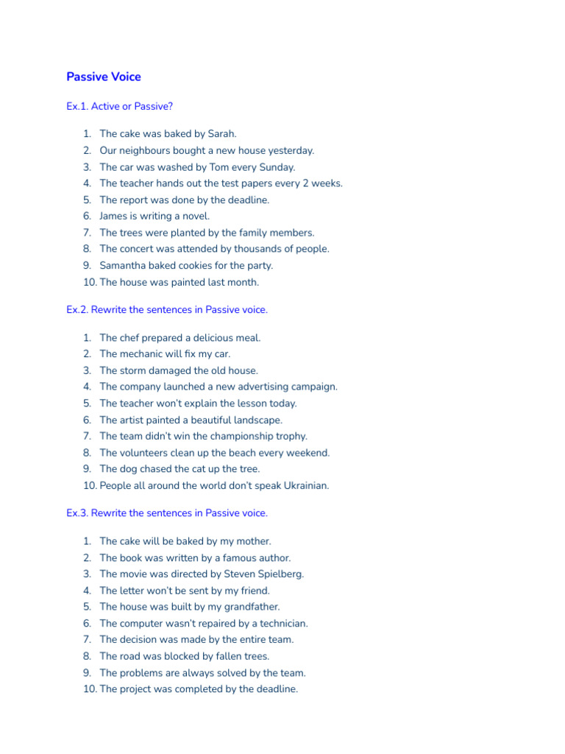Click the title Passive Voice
[104, 77]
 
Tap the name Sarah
[221, 134]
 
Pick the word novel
[196, 216]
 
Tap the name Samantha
[123, 265]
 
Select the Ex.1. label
[77, 106]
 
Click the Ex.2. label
[77, 310]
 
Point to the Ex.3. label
[77, 512]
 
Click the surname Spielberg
[280, 574]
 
